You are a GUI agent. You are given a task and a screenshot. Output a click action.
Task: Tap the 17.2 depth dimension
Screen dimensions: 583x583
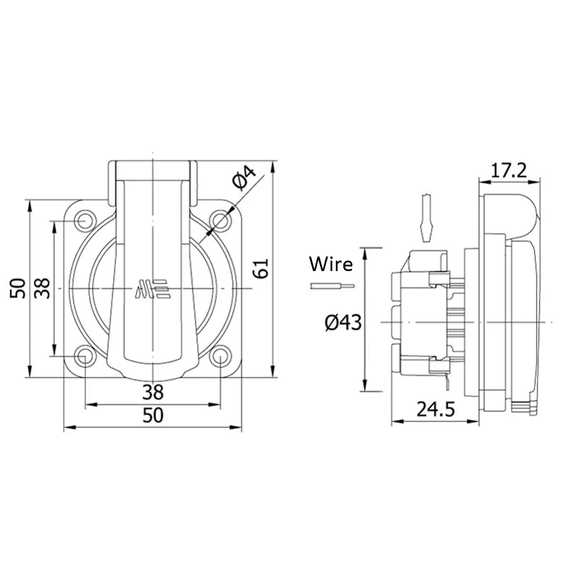pos(508,171)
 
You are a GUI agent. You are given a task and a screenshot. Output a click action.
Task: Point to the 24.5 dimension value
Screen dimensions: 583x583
pos(436,409)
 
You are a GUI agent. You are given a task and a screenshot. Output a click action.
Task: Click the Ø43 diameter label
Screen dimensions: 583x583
pos(343,322)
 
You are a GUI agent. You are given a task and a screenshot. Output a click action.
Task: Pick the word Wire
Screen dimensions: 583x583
pos(331,264)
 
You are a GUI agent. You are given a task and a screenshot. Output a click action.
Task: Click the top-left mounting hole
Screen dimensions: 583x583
pos(85,221)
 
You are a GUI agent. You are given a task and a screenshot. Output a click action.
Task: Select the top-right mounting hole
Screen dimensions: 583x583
pos(220,221)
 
